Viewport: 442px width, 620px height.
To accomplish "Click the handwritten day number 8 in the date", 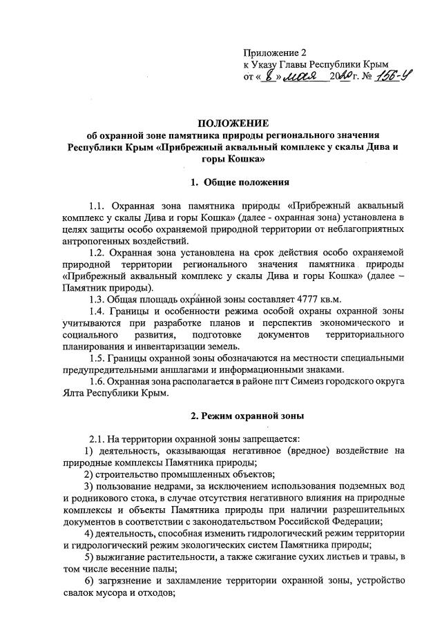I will (267, 75).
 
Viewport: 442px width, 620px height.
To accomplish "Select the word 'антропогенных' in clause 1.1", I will (96, 241).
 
